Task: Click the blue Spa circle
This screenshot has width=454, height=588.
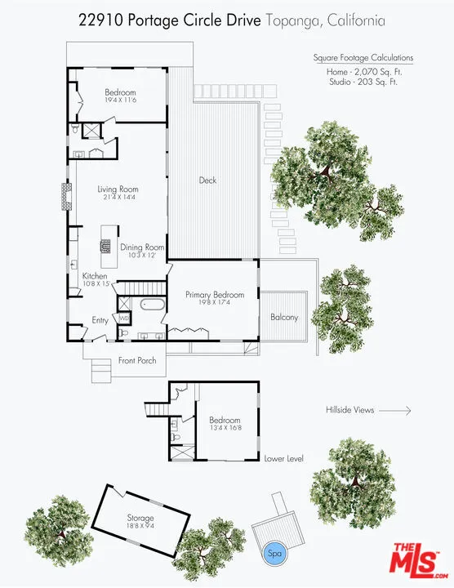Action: tap(275, 553)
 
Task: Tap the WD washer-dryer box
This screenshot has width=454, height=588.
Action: tap(124, 318)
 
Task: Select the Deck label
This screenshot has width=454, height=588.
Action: tap(207, 180)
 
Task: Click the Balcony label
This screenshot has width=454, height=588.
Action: tap(284, 317)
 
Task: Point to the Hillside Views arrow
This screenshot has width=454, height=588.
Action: tap(394, 411)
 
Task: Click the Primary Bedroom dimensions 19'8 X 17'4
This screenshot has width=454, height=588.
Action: tap(215, 302)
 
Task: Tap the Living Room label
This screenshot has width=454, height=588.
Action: tap(118, 189)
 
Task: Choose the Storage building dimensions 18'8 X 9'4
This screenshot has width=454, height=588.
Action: tap(140, 525)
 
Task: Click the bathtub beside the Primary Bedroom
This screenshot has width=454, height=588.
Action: tap(153, 304)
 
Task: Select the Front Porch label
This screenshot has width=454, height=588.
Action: tap(137, 360)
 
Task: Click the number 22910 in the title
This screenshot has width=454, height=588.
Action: tap(100, 20)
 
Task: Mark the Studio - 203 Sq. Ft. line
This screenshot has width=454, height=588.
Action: tap(363, 82)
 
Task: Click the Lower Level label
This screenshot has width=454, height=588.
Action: tap(284, 458)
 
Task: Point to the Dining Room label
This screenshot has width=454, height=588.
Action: tap(142, 247)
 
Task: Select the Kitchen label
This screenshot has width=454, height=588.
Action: tap(95, 276)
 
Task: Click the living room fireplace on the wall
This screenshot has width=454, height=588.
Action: tap(67, 196)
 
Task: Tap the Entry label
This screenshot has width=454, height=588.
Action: tap(100, 320)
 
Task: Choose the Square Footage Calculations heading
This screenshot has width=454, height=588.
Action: tap(363, 58)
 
